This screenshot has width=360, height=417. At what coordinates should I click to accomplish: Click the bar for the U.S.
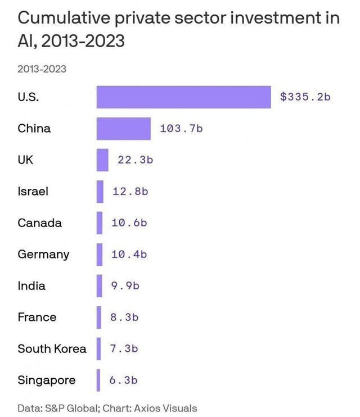click(x=183, y=97)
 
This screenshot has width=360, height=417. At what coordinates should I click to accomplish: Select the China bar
click(x=123, y=128)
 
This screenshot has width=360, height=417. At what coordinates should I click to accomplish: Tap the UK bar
click(x=102, y=160)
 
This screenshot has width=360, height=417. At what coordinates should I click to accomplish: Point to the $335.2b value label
click(x=305, y=97)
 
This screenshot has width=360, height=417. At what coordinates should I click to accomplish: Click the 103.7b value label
click(x=181, y=129)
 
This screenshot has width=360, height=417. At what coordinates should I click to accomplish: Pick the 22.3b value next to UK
click(x=136, y=160)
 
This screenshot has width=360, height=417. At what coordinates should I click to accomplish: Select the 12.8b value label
click(x=130, y=192)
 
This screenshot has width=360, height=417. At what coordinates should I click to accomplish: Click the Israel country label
click(x=33, y=191)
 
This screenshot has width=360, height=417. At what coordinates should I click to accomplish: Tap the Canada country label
click(x=39, y=223)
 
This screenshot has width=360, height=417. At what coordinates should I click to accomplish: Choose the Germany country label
click(x=43, y=254)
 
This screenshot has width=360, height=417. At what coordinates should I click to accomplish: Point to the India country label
click(x=31, y=285)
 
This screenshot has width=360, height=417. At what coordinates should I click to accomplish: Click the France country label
click(x=37, y=317)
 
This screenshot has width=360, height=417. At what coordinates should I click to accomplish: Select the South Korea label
click(x=52, y=348)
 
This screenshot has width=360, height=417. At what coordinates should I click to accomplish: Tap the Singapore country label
click(x=46, y=380)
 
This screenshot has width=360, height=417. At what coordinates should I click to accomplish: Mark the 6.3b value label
click(x=123, y=380)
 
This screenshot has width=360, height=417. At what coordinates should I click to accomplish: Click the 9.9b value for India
click(x=125, y=286)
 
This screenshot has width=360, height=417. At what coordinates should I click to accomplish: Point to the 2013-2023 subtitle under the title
click(x=42, y=69)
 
